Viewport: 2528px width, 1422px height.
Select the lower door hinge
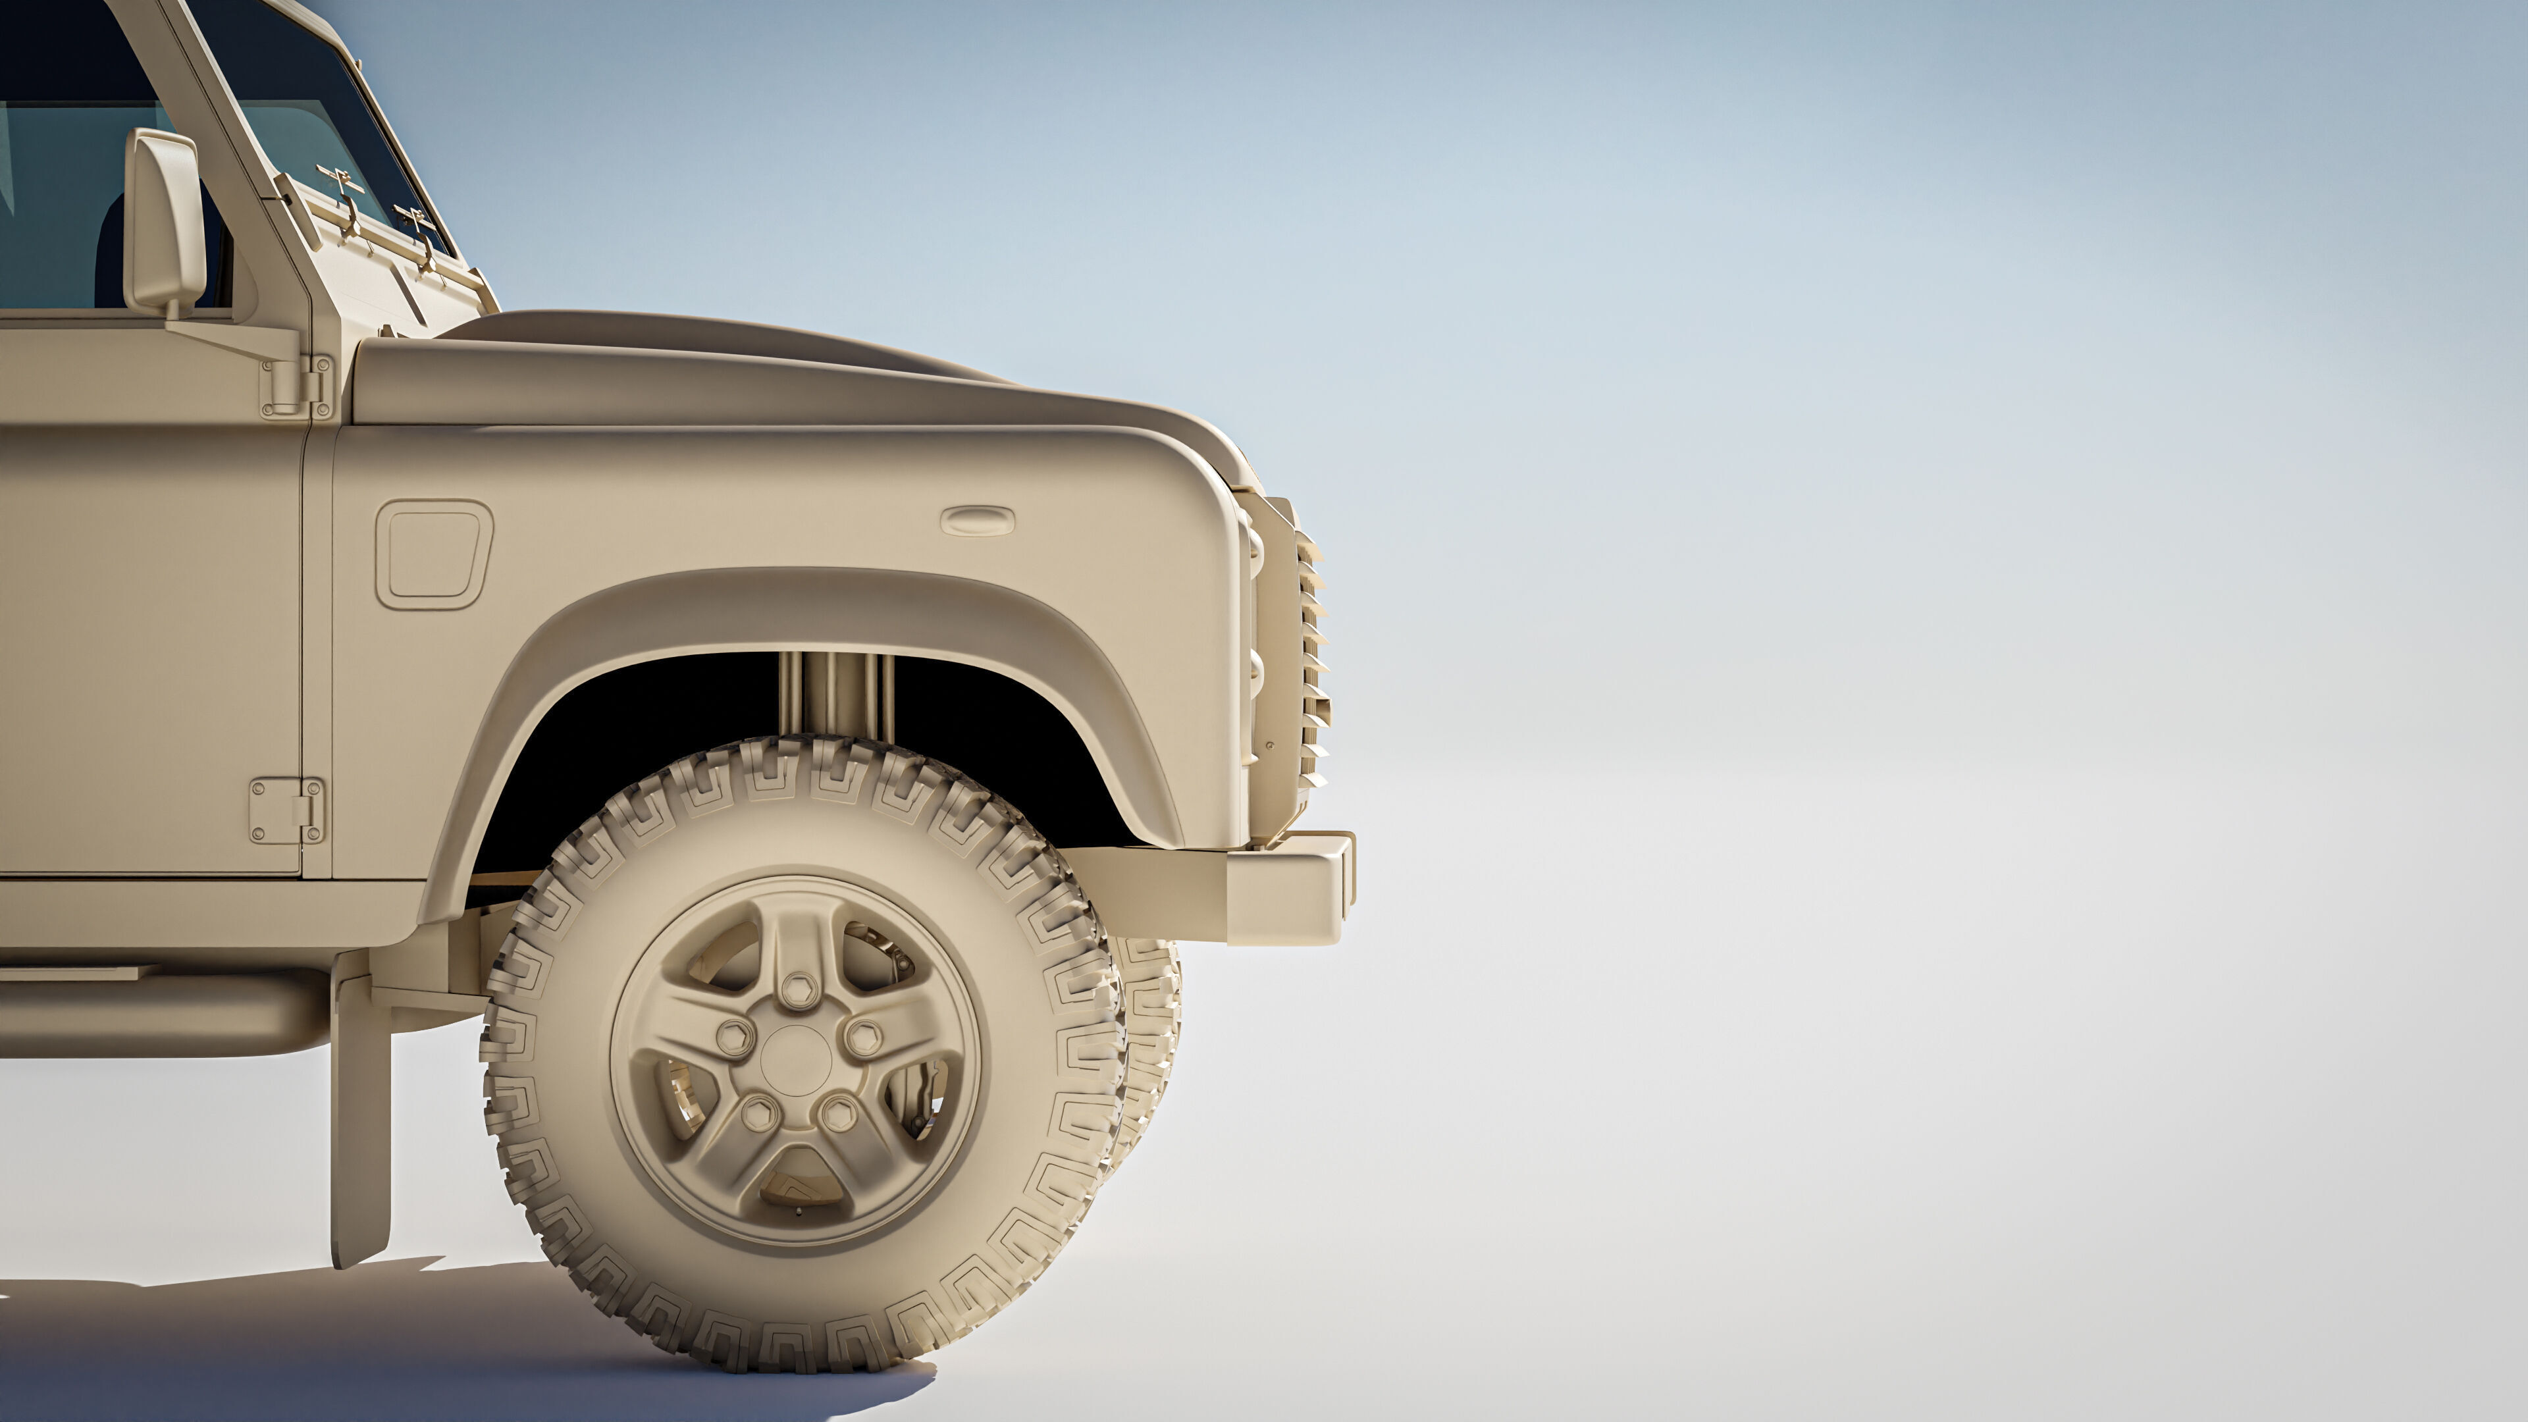click(286, 810)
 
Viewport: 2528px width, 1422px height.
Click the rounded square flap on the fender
click(433, 554)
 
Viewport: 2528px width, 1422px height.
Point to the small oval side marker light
click(978, 521)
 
